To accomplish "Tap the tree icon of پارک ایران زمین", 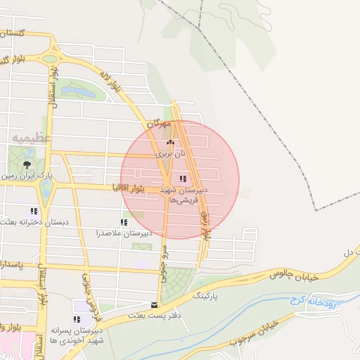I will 27,164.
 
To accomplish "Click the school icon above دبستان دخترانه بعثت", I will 33,211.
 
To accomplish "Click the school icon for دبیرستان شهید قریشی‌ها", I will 184,179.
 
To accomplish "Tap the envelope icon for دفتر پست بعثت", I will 154,305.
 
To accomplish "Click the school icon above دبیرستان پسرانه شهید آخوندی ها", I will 77,319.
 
